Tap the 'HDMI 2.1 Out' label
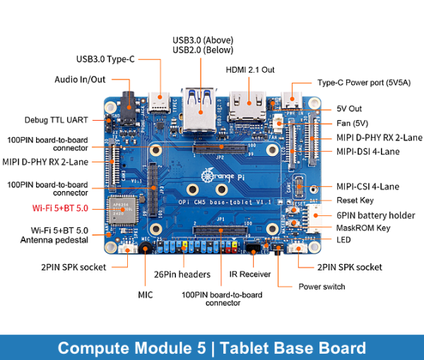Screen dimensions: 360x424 (x=249, y=70)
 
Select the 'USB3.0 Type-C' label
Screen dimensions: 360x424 (x=105, y=59)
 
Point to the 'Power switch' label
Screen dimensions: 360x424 (x=322, y=287)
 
